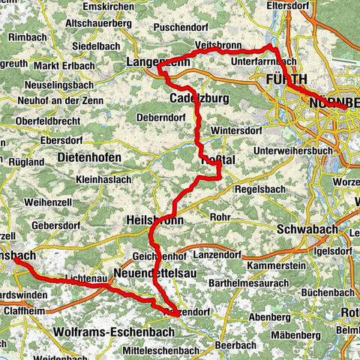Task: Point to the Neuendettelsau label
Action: tap(155, 273)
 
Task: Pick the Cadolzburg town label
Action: tap(193, 99)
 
